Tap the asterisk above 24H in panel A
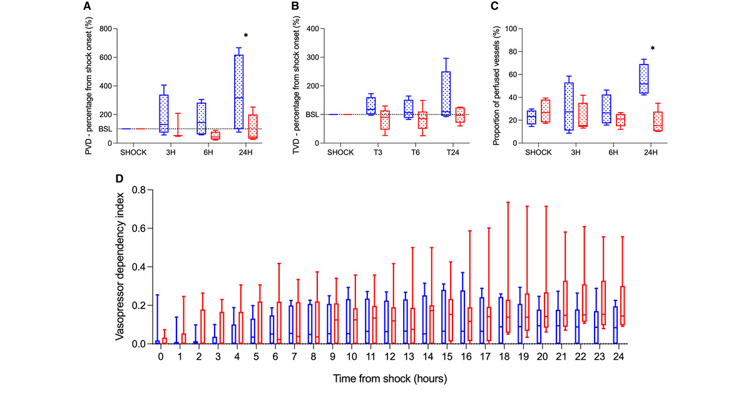pos(246,36)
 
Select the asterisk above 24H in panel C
pos(652,49)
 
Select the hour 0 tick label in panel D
pos(161,356)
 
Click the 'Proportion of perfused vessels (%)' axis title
pos(496,85)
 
